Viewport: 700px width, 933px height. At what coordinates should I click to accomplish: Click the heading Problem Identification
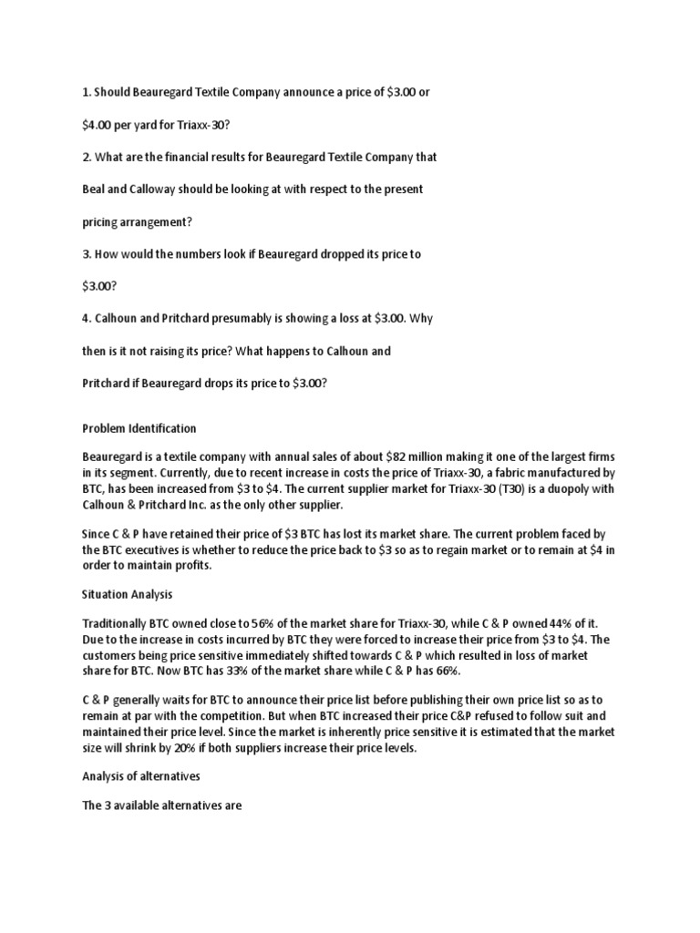[x=139, y=428]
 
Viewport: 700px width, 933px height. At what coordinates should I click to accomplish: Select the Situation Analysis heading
[x=127, y=594]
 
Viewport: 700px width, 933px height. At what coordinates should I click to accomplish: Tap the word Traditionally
[x=118, y=622]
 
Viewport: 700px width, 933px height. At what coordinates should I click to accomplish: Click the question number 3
[x=86, y=255]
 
